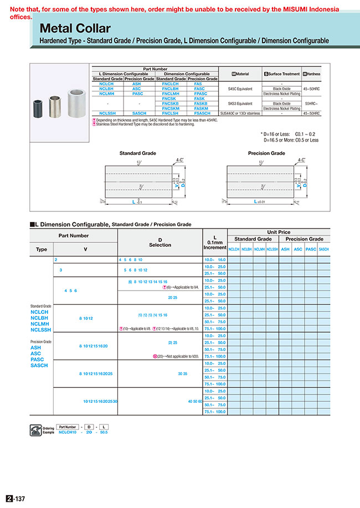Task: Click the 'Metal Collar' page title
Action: pyautogui.click(x=75, y=29)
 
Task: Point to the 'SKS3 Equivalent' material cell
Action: pyautogui.click(x=239, y=103)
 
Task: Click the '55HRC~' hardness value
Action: pyautogui.click(x=311, y=103)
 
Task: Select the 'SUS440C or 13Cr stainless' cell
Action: pyautogui.click(x=239, y=113)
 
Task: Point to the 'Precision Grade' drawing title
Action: pyautogui.click(x=266, y=153)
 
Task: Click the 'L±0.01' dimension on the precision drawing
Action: pyautogui.click(x=259, y=201)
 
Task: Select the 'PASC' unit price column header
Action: pyautogui.click(x=311, y=250)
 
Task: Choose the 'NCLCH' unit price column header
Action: pyautogui.click(x=234, y=250)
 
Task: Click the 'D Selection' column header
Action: pyautogui.click(x=160, y=242)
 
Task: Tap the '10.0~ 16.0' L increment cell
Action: pyautogui.click(x=215, y=260)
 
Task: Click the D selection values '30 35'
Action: pyautogui.click(x=182, y=374)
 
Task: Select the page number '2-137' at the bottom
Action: pyautogui.click(x=17, y=499)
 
